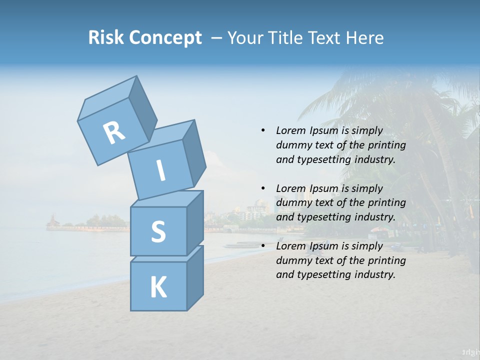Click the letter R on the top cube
click(x=114, y=133)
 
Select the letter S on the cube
click(x=158, y=231)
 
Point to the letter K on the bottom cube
click(x=158, y=287)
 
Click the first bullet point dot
click(x=263, y=130)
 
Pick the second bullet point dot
click(x=263, y=188)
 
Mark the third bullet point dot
click(x=263, y=246)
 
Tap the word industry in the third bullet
click(x=375, y=274)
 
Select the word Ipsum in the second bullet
click(x=323, y=188)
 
